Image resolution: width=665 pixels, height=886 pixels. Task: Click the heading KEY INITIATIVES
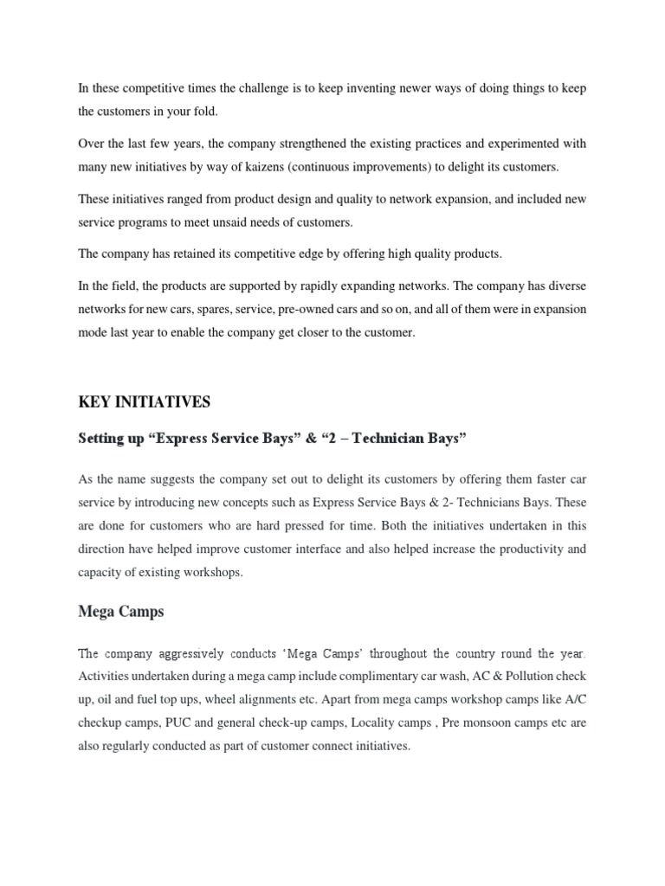pos(144,402)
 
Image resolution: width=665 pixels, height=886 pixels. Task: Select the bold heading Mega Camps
pos(120,612)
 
